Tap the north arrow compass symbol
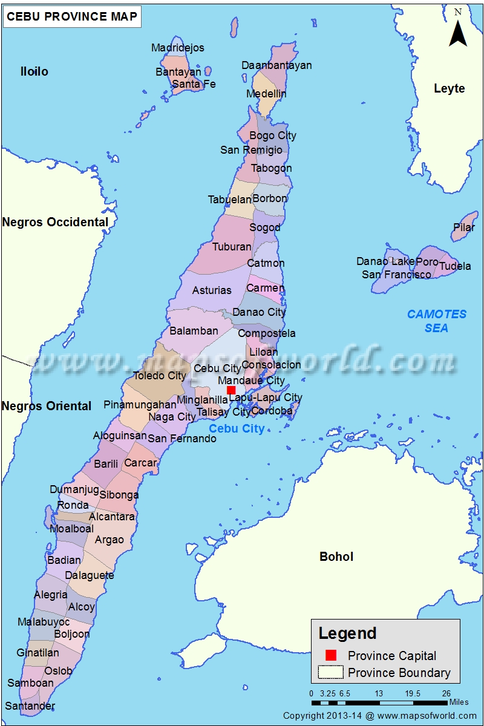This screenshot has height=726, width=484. coord(458,30)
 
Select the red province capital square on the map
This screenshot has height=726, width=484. coord(231,390)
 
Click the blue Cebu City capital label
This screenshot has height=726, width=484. coord(237,429)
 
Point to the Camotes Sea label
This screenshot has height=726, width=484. coord(437,321)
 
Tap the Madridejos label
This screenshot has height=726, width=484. coord(178,48)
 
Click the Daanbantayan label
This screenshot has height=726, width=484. coord(276,65)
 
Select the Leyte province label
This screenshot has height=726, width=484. coord(450,88)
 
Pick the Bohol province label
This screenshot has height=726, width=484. coord(336,557)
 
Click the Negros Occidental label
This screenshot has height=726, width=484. coord(55,222)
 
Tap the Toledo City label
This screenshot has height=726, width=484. coord(160,376)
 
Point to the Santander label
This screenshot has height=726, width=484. coord(30,705)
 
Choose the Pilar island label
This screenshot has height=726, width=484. coord(464,228)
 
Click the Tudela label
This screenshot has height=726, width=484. coord(455,266)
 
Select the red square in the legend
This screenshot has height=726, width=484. coord(330,655)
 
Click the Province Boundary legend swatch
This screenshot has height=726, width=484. coord(330,672)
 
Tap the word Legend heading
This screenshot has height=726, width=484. coord(348,633)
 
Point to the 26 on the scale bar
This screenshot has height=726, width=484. coord(446,693)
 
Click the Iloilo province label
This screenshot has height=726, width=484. coord(34,72)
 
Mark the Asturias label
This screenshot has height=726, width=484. coord(212,290)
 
